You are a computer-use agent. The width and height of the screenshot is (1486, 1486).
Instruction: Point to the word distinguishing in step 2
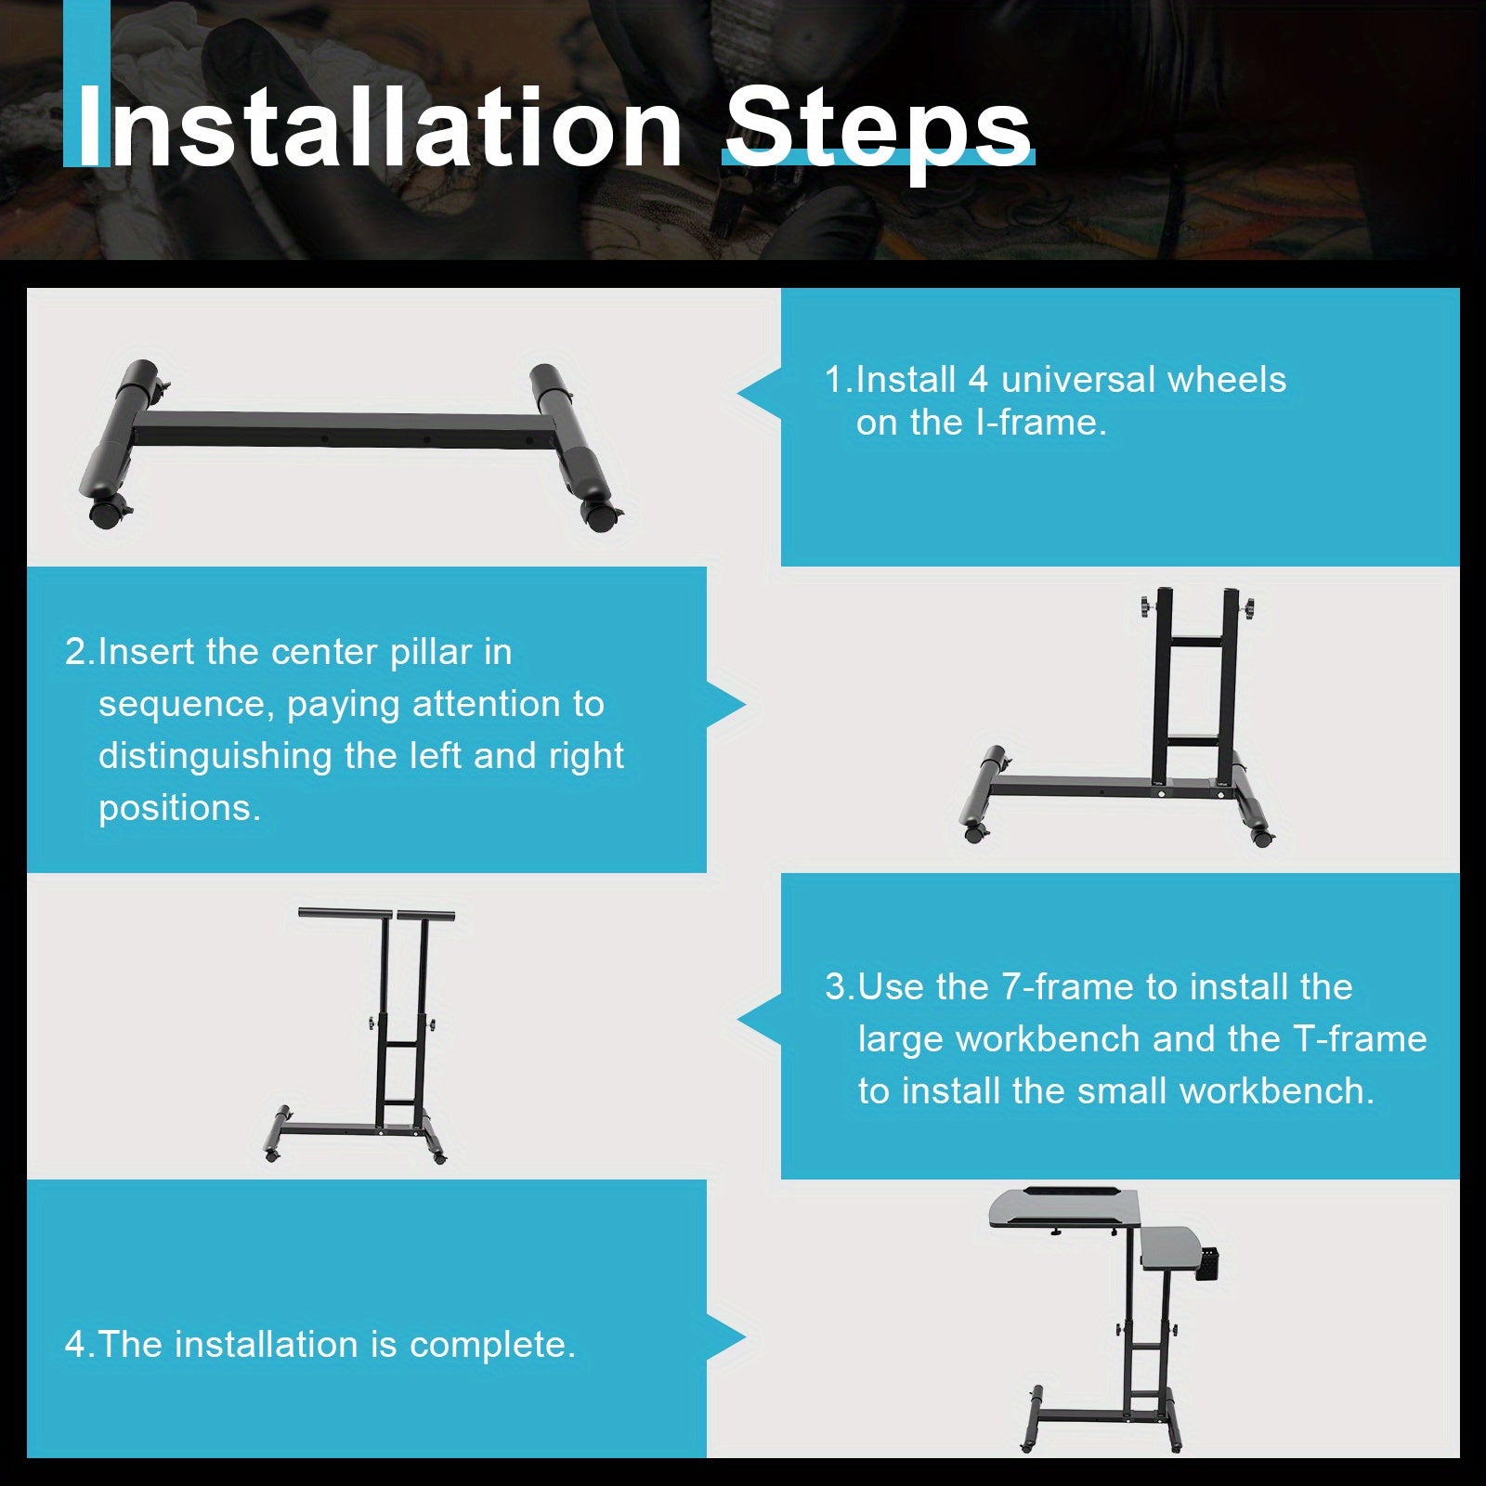click(x=215, y=757)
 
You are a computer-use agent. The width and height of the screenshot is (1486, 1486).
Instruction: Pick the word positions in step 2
click(x=179, y=809)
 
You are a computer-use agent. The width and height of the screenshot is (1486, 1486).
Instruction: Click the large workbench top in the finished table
click(x=1064, y=1208)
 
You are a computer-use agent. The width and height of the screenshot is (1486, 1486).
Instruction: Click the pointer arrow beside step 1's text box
click(x=760, y=393)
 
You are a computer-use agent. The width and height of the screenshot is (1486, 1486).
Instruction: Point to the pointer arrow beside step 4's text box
click(x=726, y=1338)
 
